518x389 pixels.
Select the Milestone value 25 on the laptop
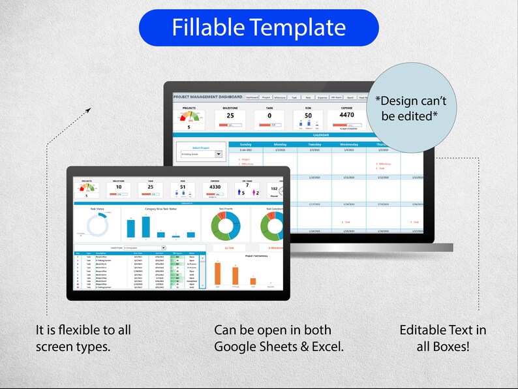[x=230, y=116]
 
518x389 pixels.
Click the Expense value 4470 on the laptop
[x=346, y=115]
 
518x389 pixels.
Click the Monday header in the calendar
[x=280, y=144]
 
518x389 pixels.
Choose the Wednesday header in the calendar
[x=348, y=144]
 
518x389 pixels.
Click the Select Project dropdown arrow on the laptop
[x=219, y=155]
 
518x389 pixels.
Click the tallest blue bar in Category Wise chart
[x=130, y=226]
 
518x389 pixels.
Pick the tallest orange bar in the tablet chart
[x=218, y=273]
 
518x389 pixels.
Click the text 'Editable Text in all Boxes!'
[x=442, y=338]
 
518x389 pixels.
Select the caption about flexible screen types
[x=83, y=338]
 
